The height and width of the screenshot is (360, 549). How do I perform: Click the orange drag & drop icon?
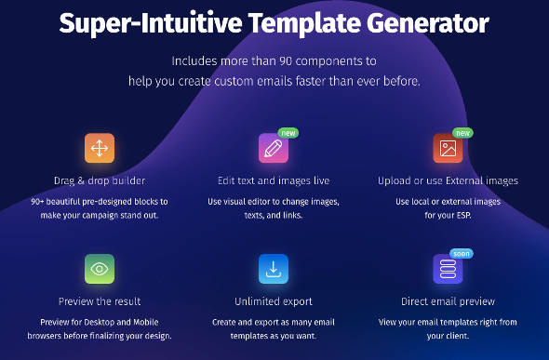click(x=99, y=149)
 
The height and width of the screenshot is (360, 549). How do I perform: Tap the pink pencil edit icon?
click(x=274, y=149)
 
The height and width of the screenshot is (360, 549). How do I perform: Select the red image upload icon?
click(x=448, y=149)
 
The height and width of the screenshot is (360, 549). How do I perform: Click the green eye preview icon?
click(x=99, y=269)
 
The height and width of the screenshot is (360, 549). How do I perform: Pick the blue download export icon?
click(x=274, y=269)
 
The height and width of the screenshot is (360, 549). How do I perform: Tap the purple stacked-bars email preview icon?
click(x=448, y=269)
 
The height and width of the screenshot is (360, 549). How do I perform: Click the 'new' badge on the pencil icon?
click(x=288, y=132)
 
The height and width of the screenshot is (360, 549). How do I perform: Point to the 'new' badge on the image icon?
click(x=462, y=132)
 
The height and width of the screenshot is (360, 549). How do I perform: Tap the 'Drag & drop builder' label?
click(x=99, y=180)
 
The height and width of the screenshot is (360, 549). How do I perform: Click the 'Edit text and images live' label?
click(x=274, y=180)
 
